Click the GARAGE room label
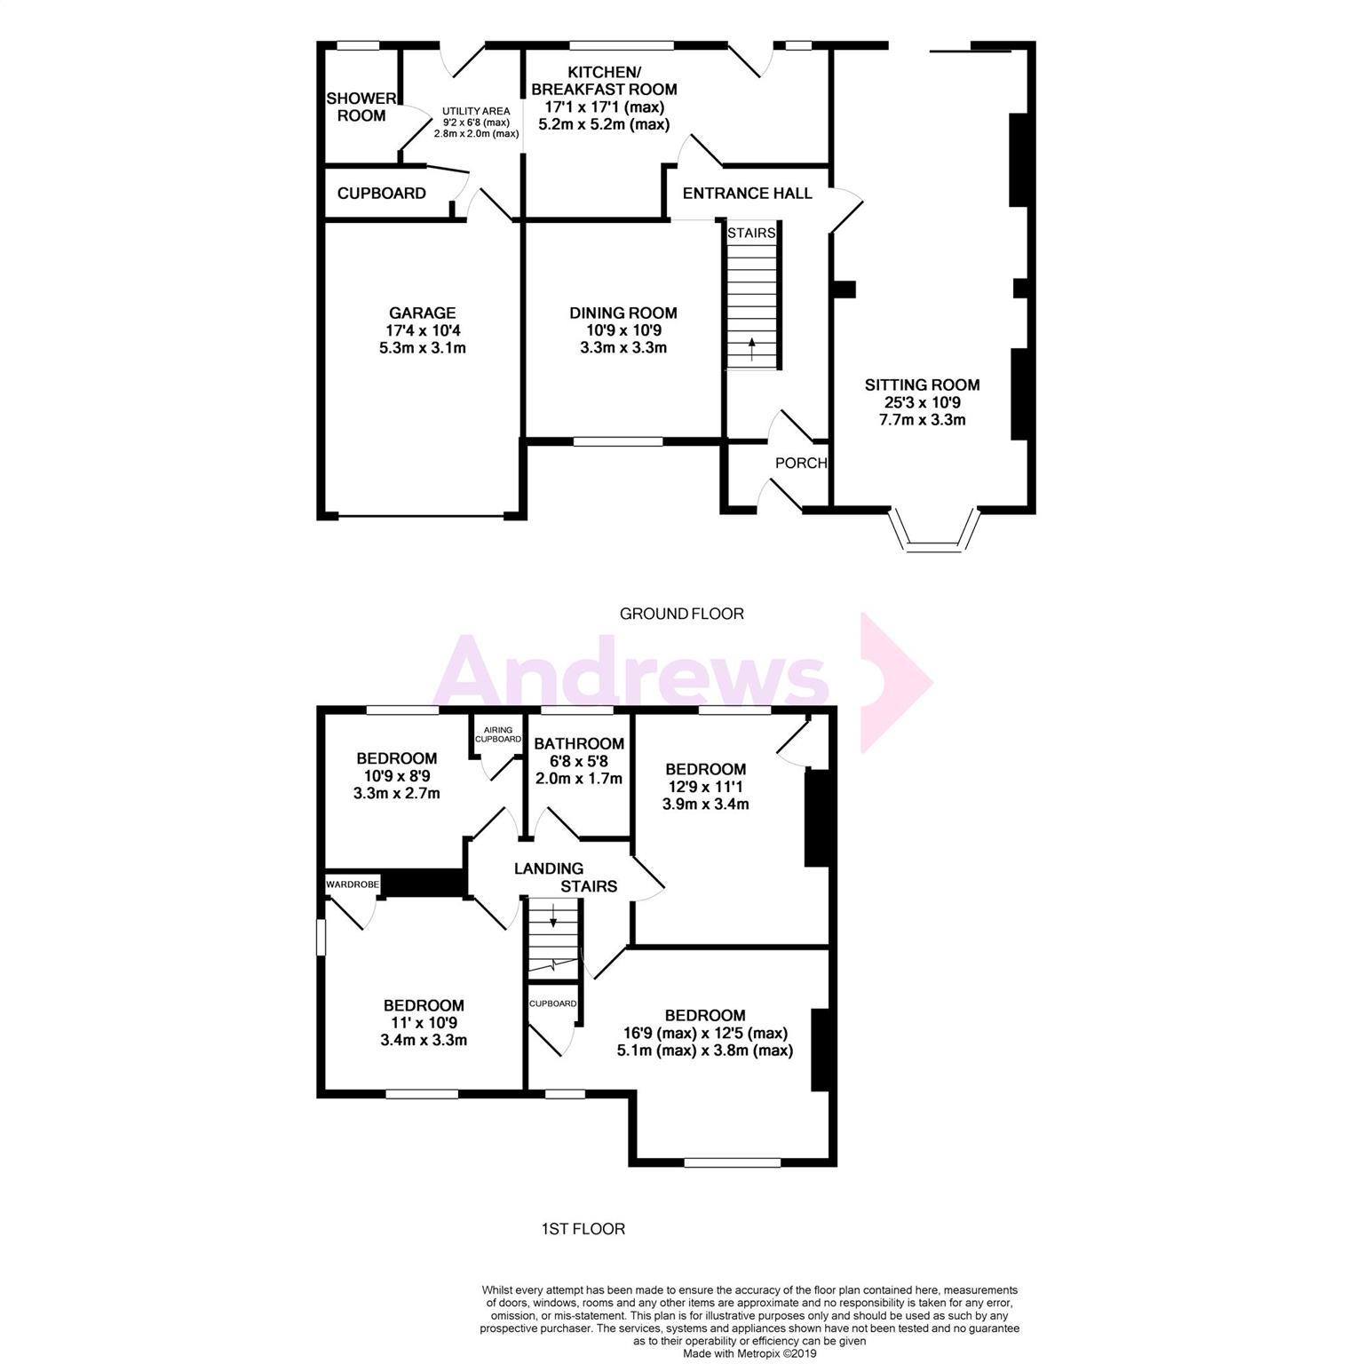point(422,313)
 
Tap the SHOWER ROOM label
point(361,107)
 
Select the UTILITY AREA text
point(477,111)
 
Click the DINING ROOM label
point(623,313)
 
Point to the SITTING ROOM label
point(922,385)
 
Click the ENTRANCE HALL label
point(747,194)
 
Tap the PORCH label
point(800,463)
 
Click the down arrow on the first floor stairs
point(553,916)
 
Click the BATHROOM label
point(578,743)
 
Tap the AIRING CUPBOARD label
point(498,734)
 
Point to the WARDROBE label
point(353,884)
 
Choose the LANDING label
point(549,868)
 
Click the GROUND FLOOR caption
point(681,614)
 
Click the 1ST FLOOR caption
point(583,1229)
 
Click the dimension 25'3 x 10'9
point(922,402)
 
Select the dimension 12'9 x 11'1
point(705,787)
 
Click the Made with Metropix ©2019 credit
point(749,1354)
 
